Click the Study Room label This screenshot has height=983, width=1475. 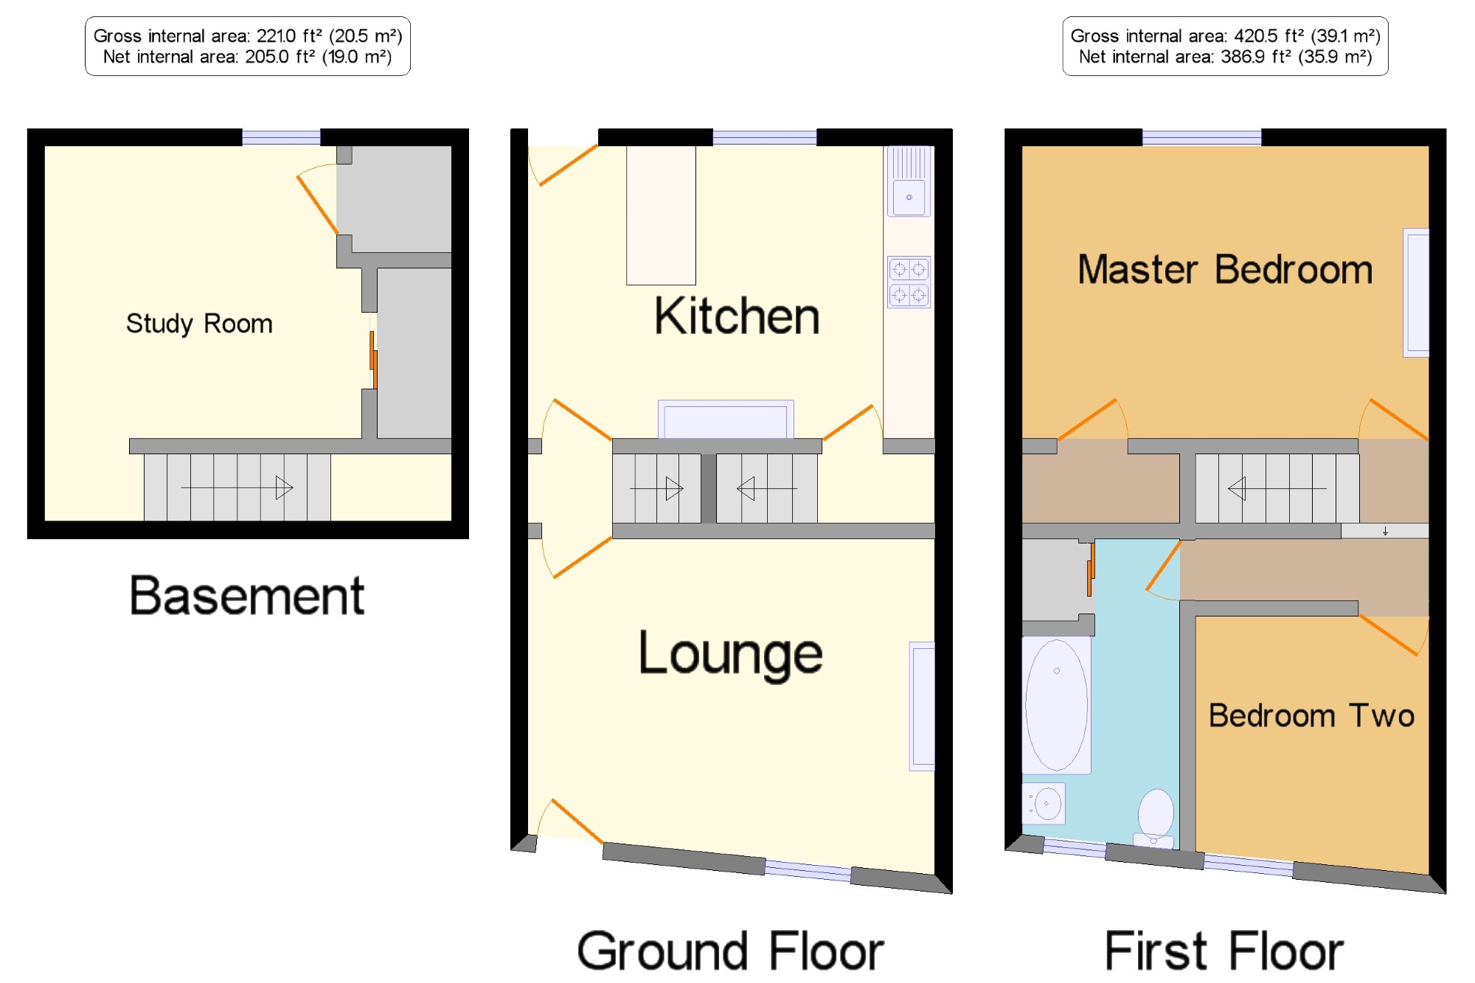[199, 324]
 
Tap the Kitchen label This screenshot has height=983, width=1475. [737, 316]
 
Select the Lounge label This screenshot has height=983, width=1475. [730, 654]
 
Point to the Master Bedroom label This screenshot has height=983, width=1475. [1225, 269]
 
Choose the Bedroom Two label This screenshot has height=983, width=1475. [1311, 715]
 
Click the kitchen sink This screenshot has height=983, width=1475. [909, 181]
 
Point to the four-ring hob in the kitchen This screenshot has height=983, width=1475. [909, 282]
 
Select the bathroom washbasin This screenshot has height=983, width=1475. [1044, 803]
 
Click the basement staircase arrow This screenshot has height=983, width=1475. [237, 487]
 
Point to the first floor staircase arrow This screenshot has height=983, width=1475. [1277, 488]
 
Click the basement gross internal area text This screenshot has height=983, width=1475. [248, 35]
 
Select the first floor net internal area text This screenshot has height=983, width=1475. [1225, 57]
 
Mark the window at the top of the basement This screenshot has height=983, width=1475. [281, 137]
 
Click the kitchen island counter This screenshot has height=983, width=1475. [661, 215]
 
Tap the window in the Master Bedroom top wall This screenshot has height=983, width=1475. [1201, 137]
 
